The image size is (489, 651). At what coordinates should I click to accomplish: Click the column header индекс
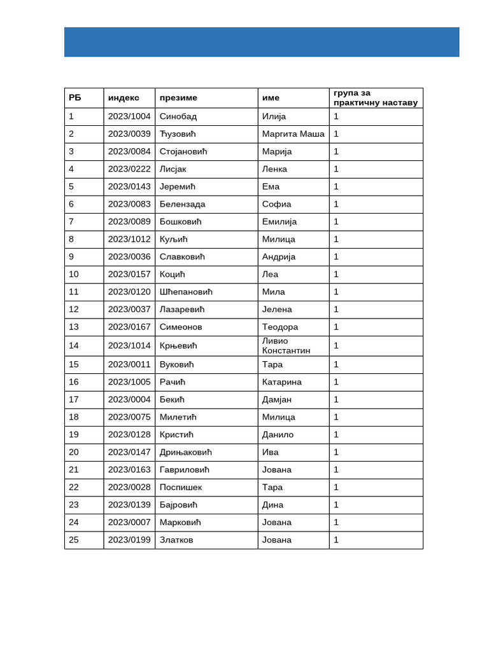pyautogui.click(x=124, y=98)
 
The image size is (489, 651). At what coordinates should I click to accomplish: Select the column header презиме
pyautogui.click(x=178, y=98)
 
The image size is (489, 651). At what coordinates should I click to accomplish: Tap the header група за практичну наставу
pyautogui.click(x=375, y=98)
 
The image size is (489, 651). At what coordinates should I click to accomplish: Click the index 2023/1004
pyautogui.click(x=129, y=116)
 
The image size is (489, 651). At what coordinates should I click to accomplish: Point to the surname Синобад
pyautogui.click(x=178, y=116)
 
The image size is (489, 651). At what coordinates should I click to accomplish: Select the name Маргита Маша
pyautogui.click(x=293, y=134)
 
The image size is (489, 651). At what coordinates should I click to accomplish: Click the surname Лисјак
pyautogui.click(x=173, y=169)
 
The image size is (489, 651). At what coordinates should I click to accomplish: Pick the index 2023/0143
pyautogui.click(x=129, y=187)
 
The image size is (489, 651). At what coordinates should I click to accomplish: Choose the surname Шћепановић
pyautogui.click(x=186, y=292)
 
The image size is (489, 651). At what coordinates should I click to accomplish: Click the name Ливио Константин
pyautogui.click(x=286, y=346)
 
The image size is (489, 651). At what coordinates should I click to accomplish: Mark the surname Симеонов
pyautogui.click(x=181, y=327)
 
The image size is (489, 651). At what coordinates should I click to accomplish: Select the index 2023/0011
pyautogui.click(x=129, y=365)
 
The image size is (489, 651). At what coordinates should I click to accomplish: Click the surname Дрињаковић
pyautogui.click(x=186, y=453)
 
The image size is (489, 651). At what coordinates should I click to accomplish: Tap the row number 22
pyautogui.click(x=74, y=488)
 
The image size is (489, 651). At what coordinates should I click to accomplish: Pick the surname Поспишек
pyautogui.click(x=181, y=488)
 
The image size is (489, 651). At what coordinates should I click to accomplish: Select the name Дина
pyautogui.click(x=273, y=505)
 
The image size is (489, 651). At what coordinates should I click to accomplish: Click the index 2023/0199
pyautogui.click(x=129, y=540)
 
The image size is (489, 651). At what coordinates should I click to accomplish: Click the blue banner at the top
pyautogui.click(x=261, y=42)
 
